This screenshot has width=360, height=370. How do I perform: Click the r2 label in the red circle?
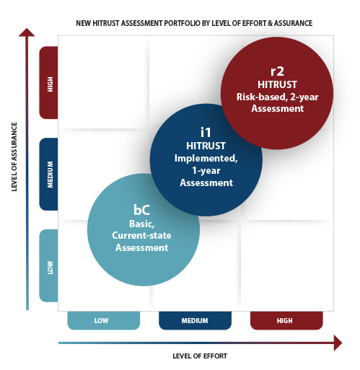click(x=277, y=71)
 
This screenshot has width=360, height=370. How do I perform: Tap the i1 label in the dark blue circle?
click(x=206, y=133)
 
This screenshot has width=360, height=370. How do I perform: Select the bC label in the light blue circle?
click(x=141, y=210)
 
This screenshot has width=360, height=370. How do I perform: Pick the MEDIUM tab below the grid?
click(x=195, y=320)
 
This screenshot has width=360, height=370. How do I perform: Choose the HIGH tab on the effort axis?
click(x=286, y=320)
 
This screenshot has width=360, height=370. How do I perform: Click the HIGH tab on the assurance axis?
click(x=48, y=82)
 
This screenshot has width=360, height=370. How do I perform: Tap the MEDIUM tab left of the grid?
click(x=48, y=174)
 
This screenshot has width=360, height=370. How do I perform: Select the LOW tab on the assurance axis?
click(x=48, y=265)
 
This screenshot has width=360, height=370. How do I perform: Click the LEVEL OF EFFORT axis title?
click(x=200, y=356)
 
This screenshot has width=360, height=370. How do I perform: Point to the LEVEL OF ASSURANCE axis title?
click(x=14, y=157)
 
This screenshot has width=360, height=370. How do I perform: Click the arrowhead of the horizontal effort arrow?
click(x=338, y=343)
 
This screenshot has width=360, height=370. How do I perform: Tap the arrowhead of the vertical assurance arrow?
click(x=27, y=32)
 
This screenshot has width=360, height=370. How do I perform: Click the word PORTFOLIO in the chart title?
click(x=182, y=23)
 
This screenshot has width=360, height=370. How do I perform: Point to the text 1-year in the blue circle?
click(x=206, y=170)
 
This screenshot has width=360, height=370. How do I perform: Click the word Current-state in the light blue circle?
click(x=141, y=235)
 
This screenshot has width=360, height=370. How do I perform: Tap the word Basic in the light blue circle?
click(x=142, y=224)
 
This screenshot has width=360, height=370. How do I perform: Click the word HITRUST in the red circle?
click(x=277, y=84)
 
